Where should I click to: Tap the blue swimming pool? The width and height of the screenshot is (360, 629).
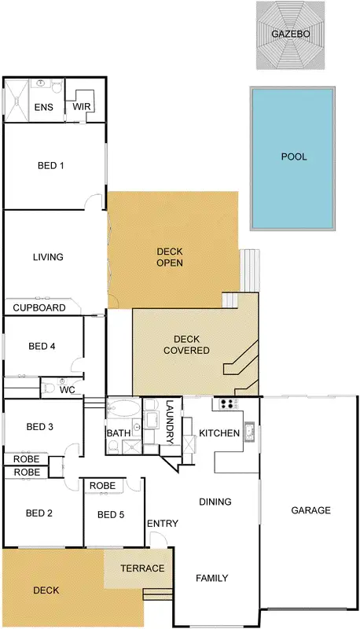pos(293,157)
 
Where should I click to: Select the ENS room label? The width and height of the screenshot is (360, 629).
pos(43,108)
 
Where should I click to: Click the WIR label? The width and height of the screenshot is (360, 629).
pos(83,105)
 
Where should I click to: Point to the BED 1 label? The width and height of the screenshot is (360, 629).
pos(50,166)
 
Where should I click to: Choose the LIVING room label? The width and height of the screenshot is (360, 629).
pos(47,257)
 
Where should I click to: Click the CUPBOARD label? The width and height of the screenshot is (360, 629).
pos(39,308)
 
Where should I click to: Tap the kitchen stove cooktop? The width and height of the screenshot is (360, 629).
pos(229,405)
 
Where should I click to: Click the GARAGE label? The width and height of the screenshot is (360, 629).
pos(310,510)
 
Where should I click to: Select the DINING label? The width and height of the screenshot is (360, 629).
pos(215,502)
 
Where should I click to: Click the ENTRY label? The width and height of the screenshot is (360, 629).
pos(162,524)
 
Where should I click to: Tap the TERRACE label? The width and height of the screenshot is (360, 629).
pos(142,568)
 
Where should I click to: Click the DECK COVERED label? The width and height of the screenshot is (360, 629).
pos(186,344)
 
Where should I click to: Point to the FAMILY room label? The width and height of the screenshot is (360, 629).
pos(211,579)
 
